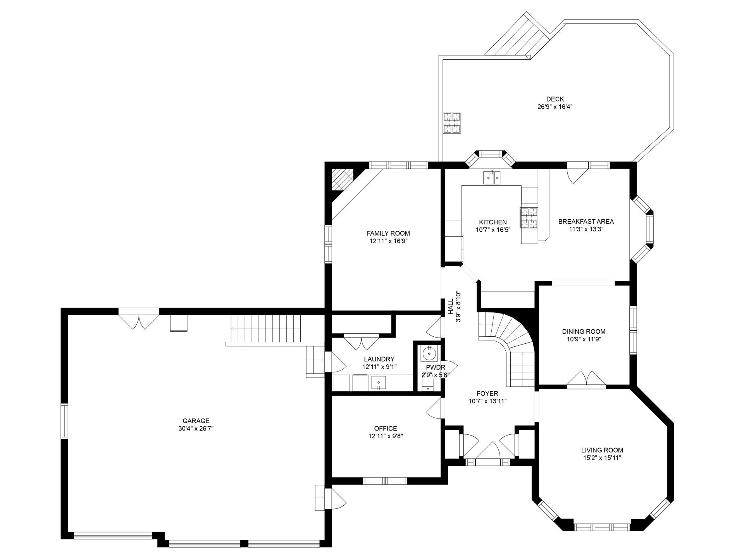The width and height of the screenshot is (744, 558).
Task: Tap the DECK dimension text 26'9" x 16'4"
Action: click(x=555, y=107)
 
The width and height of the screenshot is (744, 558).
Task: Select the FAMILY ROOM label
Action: click(x=388, y=233)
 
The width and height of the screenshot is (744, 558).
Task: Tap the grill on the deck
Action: click(x=453, y=123)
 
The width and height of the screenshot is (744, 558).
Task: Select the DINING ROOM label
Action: click(x=584, y=332)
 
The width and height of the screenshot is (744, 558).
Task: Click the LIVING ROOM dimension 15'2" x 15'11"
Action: click(x=602, y=458)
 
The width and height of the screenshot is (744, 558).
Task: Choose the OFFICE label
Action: click(x=386, y=429)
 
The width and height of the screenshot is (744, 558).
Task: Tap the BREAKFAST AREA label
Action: click(x=586, y=222)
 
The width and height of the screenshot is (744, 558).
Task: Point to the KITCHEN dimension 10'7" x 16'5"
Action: click(x=493, y=229)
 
